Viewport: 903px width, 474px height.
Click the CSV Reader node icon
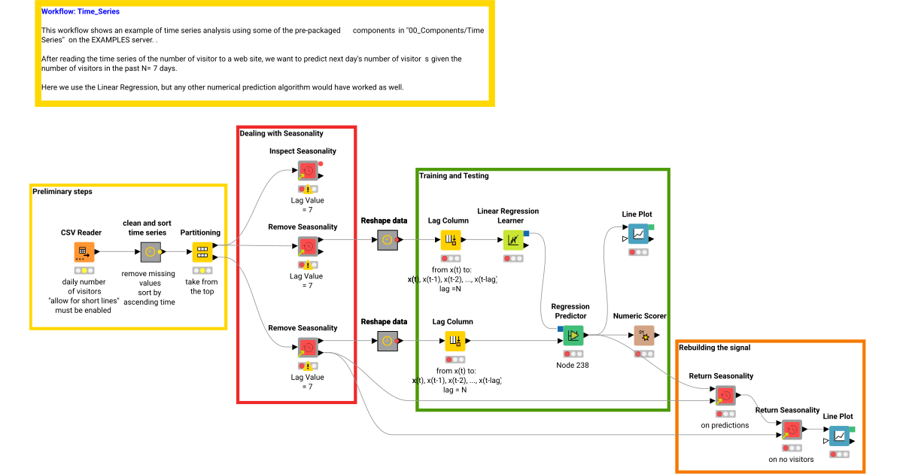pyautogui.click(x=84, y=253)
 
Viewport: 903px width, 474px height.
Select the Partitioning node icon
pyautogui.click(x=202, y=253)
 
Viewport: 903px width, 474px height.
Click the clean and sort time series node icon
pyautogui.click(x=150, y=253)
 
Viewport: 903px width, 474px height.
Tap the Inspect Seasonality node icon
pyautogui.click(x=307, y=171)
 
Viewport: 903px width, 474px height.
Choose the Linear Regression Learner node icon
pyautogui.click(x=513, y=240)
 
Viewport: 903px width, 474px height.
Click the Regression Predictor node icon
pyautogui.click(x=573, y=335)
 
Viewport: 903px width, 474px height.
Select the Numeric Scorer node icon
pyautogui.click(x=644, y=336)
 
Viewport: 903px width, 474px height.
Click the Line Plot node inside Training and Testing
pyautogui.click(x=638, y=234)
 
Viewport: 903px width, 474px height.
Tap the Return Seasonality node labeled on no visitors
pyautogui.click(x=792, y=430)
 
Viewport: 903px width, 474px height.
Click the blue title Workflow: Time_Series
pyautogui.click(x=81, y=12)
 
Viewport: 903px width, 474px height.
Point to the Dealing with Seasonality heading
pyautogui.click(x=281, y=133)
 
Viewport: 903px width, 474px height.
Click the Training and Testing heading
pyautogui.click(x=454, y=176)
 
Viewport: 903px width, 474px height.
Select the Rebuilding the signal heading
pyautogui.click(x=714, y=348)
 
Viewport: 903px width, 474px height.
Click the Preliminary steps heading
pyautogui.click(x=62, y=192)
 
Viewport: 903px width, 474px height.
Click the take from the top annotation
pyautogui.click(x=202, y=287)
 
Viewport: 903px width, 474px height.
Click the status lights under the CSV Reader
pyautogui.click(x=84, y=270)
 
